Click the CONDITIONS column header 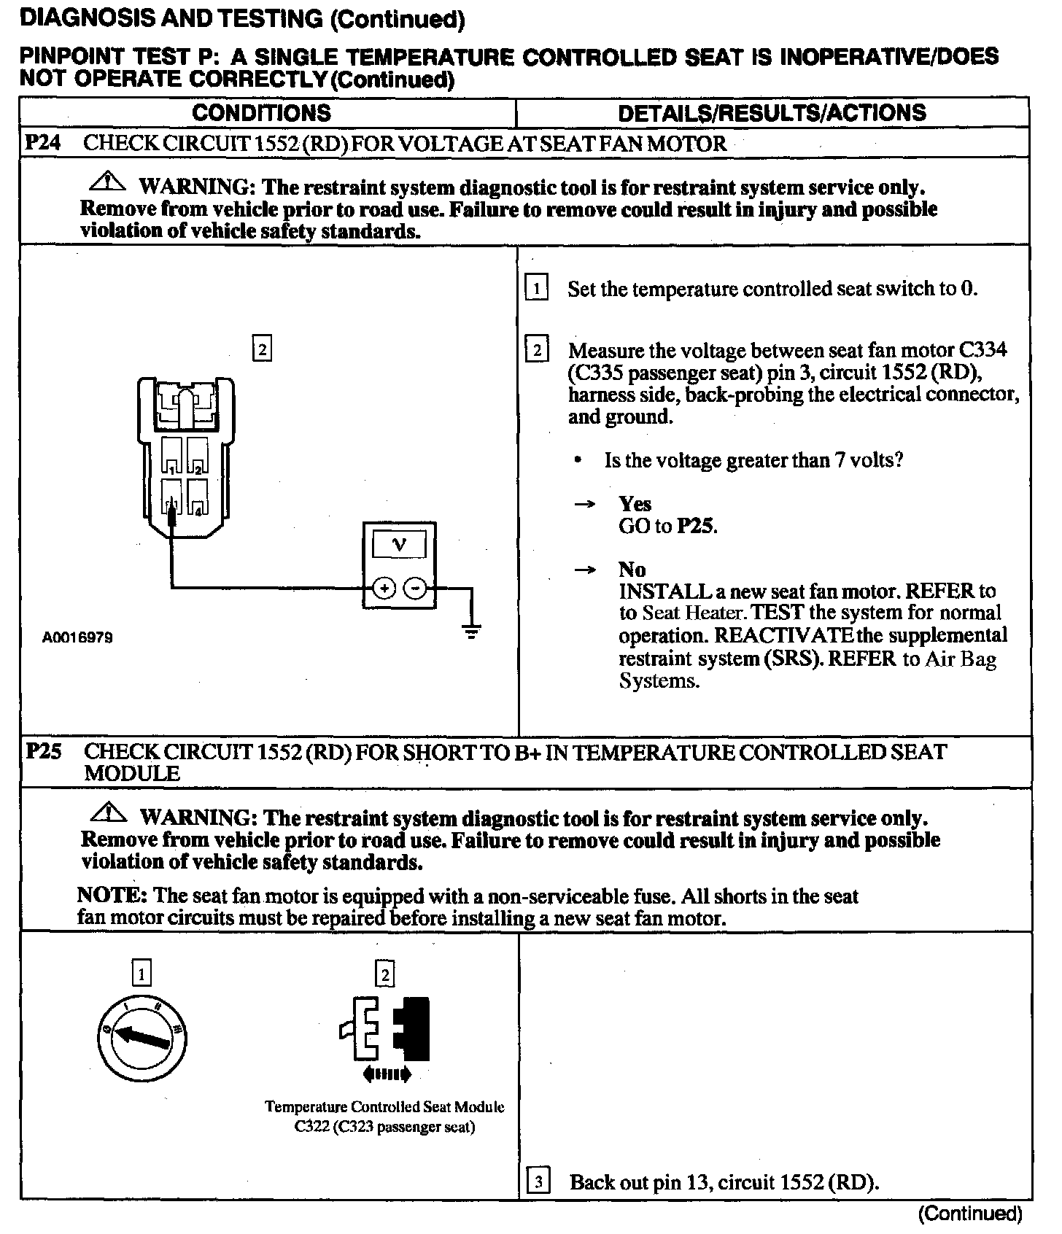pos(261,113)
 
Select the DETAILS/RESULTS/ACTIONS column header pos(772,113)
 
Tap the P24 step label pos(42,142)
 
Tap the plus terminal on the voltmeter pos(385,588)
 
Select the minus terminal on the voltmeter pos(415,588)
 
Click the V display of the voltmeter pos(399,545)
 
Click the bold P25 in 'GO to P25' pos(696,526)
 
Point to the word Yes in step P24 pos(635,504)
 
